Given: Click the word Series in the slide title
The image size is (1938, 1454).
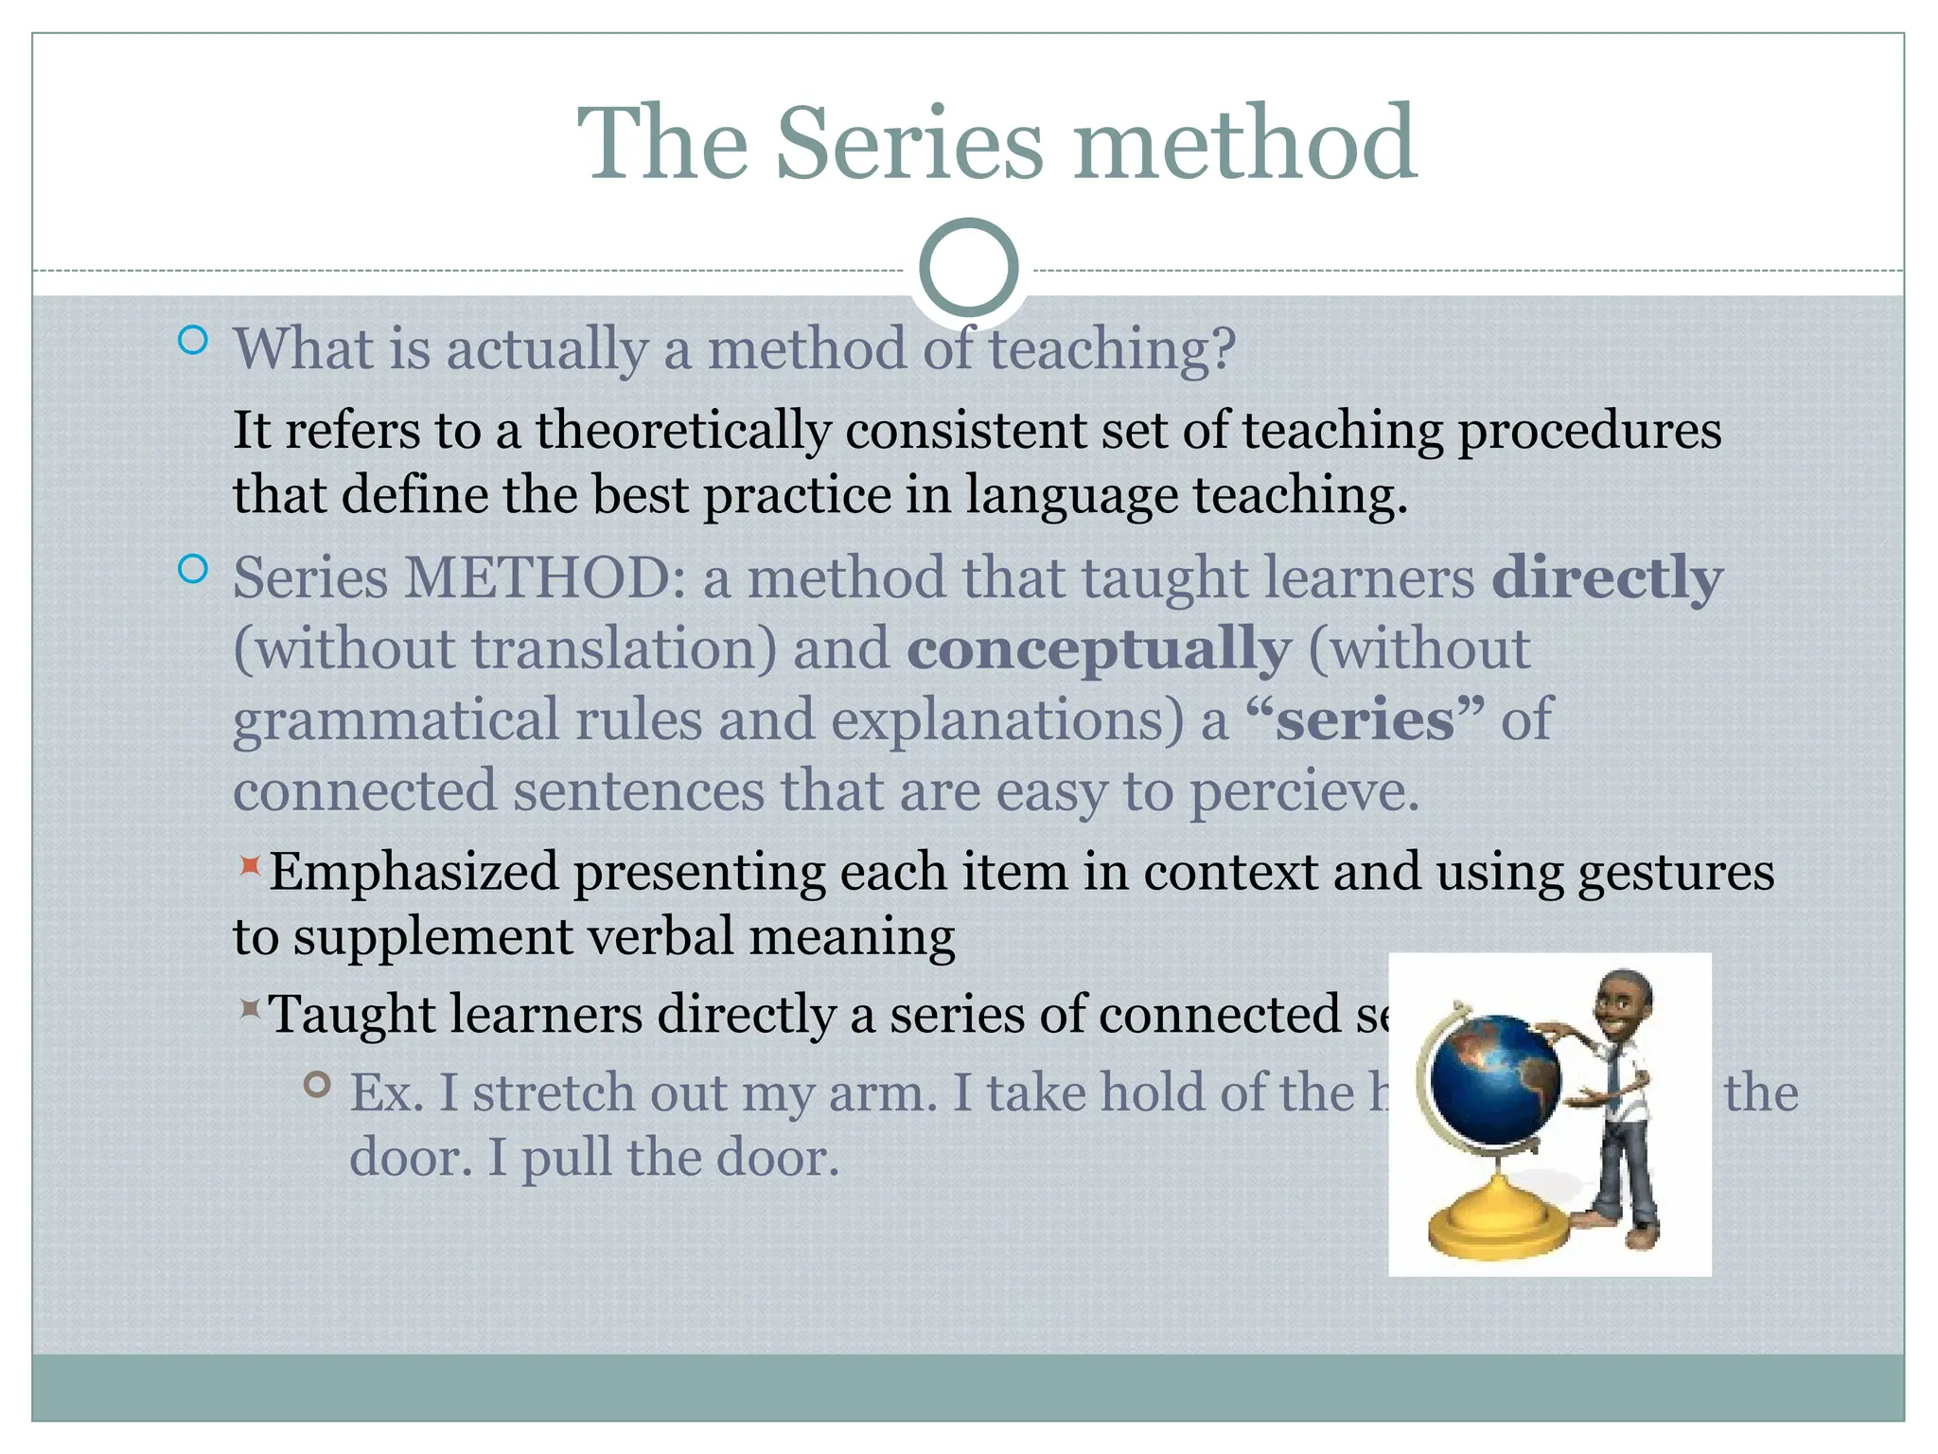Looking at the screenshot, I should [909, 144].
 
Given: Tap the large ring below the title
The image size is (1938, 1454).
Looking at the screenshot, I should [968, 268].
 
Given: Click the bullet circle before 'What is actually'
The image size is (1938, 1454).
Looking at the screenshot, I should [193, 341].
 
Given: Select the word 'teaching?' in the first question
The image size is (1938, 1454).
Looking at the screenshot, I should [1113, 349].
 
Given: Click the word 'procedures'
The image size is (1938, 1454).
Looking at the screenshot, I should [1590, 431].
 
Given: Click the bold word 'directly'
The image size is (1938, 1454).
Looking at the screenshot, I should [1607, 578].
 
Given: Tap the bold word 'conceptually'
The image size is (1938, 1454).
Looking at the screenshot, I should [1098, 649].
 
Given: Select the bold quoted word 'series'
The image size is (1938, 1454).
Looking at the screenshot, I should [1365, 719].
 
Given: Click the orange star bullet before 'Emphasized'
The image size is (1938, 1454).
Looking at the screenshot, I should [250, 865].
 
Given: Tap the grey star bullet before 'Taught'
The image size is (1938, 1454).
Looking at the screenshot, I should [250, 1008].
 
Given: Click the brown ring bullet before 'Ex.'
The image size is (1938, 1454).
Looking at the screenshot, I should [318, 1085].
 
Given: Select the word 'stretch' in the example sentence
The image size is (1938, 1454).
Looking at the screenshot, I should [554, 1093].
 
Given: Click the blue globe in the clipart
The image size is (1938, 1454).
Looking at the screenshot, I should [1495, 1079].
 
